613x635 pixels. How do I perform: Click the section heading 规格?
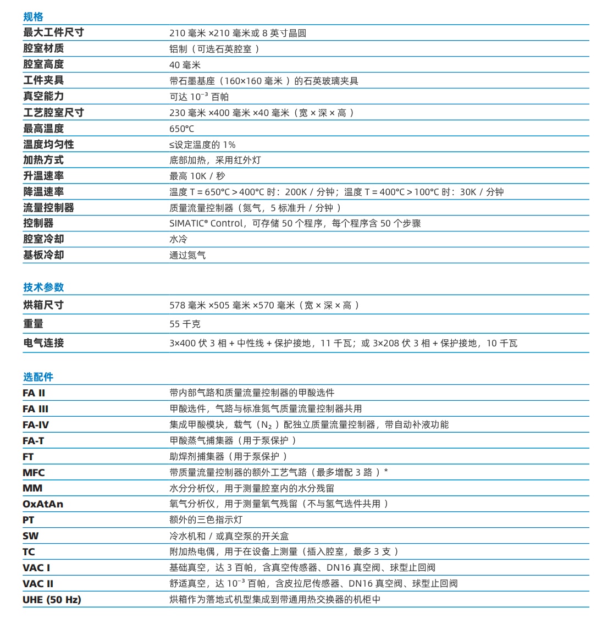[x=33, y=17]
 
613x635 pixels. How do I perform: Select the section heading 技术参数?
[x=43, y=287]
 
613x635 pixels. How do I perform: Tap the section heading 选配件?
[x=38, y=377]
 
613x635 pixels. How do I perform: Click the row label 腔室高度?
[x=43, y=64]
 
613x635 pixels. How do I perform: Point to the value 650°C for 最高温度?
[x=181, y=129]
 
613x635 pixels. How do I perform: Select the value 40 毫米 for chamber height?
[x=185, y=65]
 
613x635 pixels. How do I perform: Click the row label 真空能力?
[x=43, y=96]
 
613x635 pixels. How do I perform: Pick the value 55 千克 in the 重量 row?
[x=185, y=324]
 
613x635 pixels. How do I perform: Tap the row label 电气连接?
[x=43, y=343]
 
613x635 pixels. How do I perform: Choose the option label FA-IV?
[x=36, y=424]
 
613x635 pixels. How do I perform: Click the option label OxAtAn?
[x=43, y=504]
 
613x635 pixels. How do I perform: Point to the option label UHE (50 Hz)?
[x=52, y=599]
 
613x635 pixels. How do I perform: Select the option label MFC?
[x=34, y=472]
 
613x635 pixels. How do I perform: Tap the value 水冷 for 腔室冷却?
[x=178, y=239]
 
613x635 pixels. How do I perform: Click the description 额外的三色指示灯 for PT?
[x=206, y=520]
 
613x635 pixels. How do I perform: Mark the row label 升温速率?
[x=43, y=176]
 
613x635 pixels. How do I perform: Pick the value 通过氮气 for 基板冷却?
[x=187, y=255]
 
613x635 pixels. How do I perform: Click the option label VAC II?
[x=38, y=583]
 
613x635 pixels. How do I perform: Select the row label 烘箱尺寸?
[x=43, y=305]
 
